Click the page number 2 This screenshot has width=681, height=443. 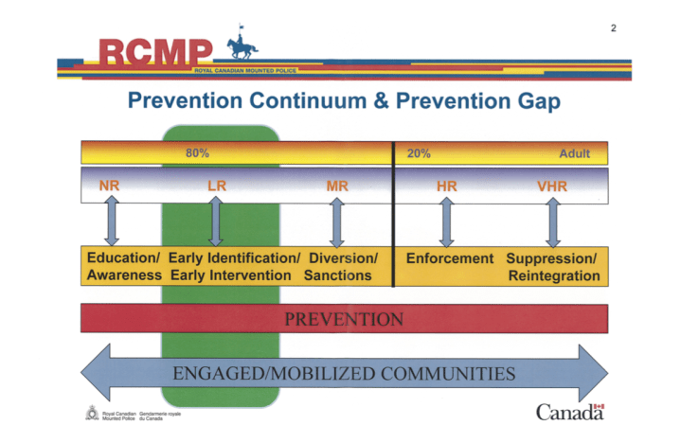(613, 27)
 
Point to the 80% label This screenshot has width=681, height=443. (197, 152)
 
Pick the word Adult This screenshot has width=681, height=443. (574, 152)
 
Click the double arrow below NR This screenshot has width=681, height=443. (111, 223)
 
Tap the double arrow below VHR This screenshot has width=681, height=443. (552, 223)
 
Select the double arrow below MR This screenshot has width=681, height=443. (336, 223)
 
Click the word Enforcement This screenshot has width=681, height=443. (450, 258)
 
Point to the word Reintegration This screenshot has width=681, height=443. (554, 275)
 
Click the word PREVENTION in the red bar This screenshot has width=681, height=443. (343, 319)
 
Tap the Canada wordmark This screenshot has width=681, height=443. (569, 412)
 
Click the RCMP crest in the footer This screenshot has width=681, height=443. (91, 413)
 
